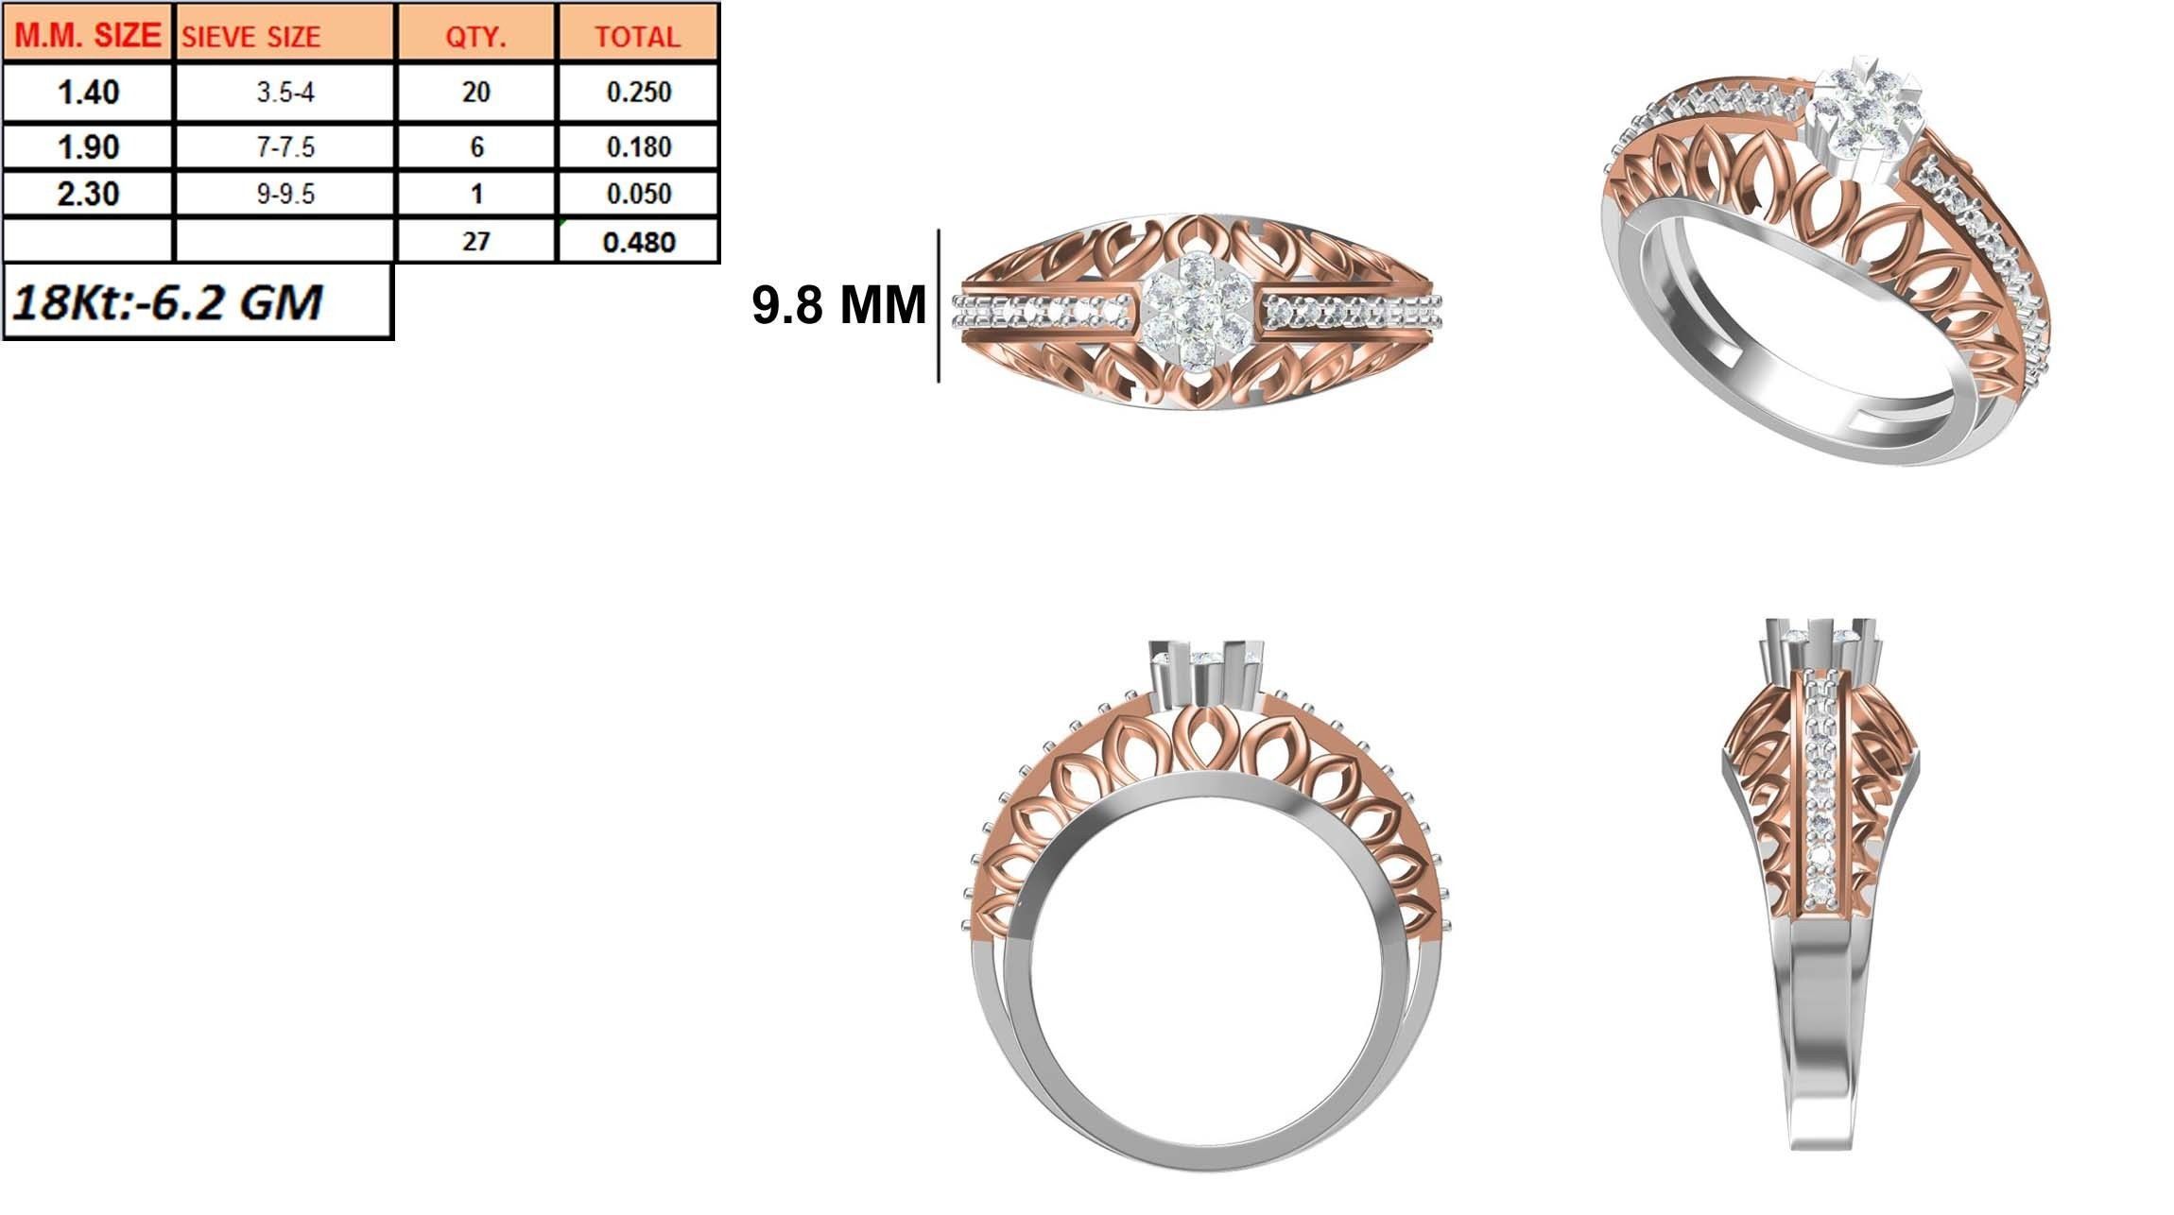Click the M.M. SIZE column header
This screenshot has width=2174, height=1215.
pyautogui.click(x=88, y=35)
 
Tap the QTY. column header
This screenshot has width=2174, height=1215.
pyautogui.click(x=476, y=36)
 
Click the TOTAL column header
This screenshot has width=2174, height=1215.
pyautogui.click(x=638, y=36)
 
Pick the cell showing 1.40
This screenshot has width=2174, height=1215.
pyautogui.click(x=88, y=93)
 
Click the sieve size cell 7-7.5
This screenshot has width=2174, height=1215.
pyautogui.click(x=285, y=147)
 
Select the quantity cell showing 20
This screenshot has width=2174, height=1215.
pyautogui.click(x=476, y=93)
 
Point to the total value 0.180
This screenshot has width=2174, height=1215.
pyautogui.click(x=638, y=147)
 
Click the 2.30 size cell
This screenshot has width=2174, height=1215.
pyautogui.click(x=88, y=195)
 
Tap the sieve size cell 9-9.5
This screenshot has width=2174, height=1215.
pyautogui.click(x=285, y=195)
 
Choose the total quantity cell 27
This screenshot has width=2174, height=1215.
pyautogui.click(x=476, y=241)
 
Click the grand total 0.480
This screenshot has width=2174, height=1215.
pyautogui.click(x=638, y=242)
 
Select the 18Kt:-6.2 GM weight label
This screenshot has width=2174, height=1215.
pyautogui.click(x=168, y=302)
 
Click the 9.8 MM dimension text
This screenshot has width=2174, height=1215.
pyautogui.click(x=838, y=305)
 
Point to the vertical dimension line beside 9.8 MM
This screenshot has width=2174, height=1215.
pyautogui.click(x=939, y=305)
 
